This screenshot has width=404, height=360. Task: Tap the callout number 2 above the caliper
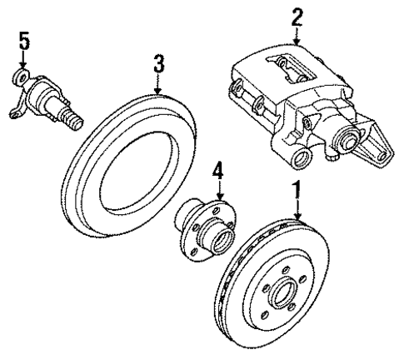click(x=297, y=16)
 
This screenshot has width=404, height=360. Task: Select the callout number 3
click(x=157, y=62)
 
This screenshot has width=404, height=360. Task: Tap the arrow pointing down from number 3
click(x=157, y=84)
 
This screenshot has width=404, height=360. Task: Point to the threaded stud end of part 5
click(x=77, y=122)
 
